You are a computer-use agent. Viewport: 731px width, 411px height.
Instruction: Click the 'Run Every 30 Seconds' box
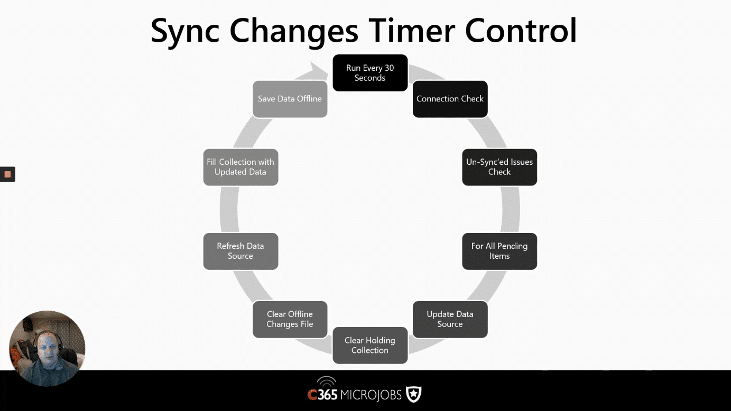[x=370, y=73]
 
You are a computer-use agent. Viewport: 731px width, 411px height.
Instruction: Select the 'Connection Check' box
[x=450, y=99]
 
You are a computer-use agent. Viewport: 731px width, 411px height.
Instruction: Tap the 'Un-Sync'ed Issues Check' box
[x=499, y=167]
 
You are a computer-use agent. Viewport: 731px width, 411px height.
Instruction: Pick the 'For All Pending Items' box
[x=499, y=251]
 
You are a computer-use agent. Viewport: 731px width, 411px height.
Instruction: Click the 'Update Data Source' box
[x=450, y=319]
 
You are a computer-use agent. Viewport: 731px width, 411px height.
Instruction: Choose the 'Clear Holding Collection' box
[x=370, y=345]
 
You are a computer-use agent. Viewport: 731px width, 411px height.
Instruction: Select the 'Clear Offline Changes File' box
[x=290, y=319]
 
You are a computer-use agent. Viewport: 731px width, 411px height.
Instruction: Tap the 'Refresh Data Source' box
[x=240, y=251]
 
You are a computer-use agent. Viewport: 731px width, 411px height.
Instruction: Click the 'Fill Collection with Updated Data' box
[x=240, y=167]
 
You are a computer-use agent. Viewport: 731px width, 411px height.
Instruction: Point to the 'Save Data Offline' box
[x=290, y=99]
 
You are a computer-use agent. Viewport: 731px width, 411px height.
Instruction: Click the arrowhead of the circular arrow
[x=318, y=70]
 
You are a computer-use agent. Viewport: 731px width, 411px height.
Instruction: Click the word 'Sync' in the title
[x=185, y=31]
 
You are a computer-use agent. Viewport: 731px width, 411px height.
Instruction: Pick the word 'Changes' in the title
[x=294, y=32]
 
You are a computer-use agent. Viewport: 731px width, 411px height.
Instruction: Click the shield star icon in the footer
[x=413, y=394]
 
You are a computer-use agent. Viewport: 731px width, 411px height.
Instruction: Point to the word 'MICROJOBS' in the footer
[x=371, y=395]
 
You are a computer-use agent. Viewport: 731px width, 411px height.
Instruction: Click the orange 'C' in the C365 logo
[x=312, y=395]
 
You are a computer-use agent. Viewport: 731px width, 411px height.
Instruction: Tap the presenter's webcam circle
[x=47, y=348]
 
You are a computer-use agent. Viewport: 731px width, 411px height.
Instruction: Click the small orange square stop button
[x=7, y=174]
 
